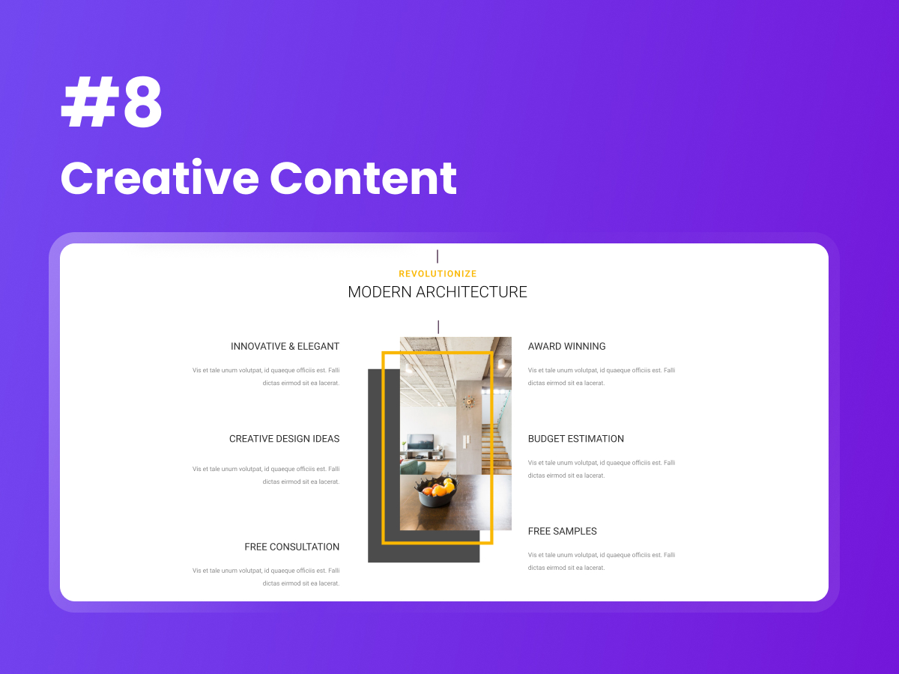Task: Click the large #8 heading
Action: (112, 106)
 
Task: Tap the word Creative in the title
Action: (158, 178)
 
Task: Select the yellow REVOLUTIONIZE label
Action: (438, 274)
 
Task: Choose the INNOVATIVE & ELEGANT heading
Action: (285, 347)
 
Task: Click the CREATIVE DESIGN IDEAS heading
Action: (284, 439)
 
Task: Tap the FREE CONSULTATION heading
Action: (291, 547)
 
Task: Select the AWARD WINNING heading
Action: (566, 347)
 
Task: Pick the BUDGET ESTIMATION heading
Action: (575, 439)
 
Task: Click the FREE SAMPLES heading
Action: (562, 532)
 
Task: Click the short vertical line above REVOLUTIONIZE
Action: (438, 256)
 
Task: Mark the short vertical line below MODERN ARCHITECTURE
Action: (438, 327)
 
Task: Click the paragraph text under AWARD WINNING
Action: (601, 377)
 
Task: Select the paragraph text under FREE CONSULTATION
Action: (266, 577)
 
